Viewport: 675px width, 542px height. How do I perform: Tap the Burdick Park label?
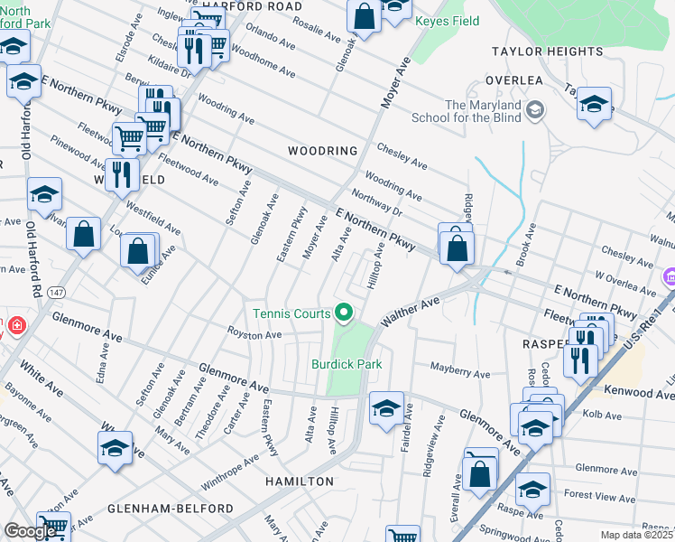click(347, 364)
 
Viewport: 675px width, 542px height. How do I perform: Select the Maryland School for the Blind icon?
click(536, 110)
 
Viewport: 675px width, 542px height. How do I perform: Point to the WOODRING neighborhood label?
click(322, 151)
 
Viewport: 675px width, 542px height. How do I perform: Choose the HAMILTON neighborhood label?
click(300, 481)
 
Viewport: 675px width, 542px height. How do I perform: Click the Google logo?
click(30, 531)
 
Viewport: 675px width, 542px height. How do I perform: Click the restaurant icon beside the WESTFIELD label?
click(122, 173)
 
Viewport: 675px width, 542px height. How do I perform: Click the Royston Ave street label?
click(254, 335)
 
